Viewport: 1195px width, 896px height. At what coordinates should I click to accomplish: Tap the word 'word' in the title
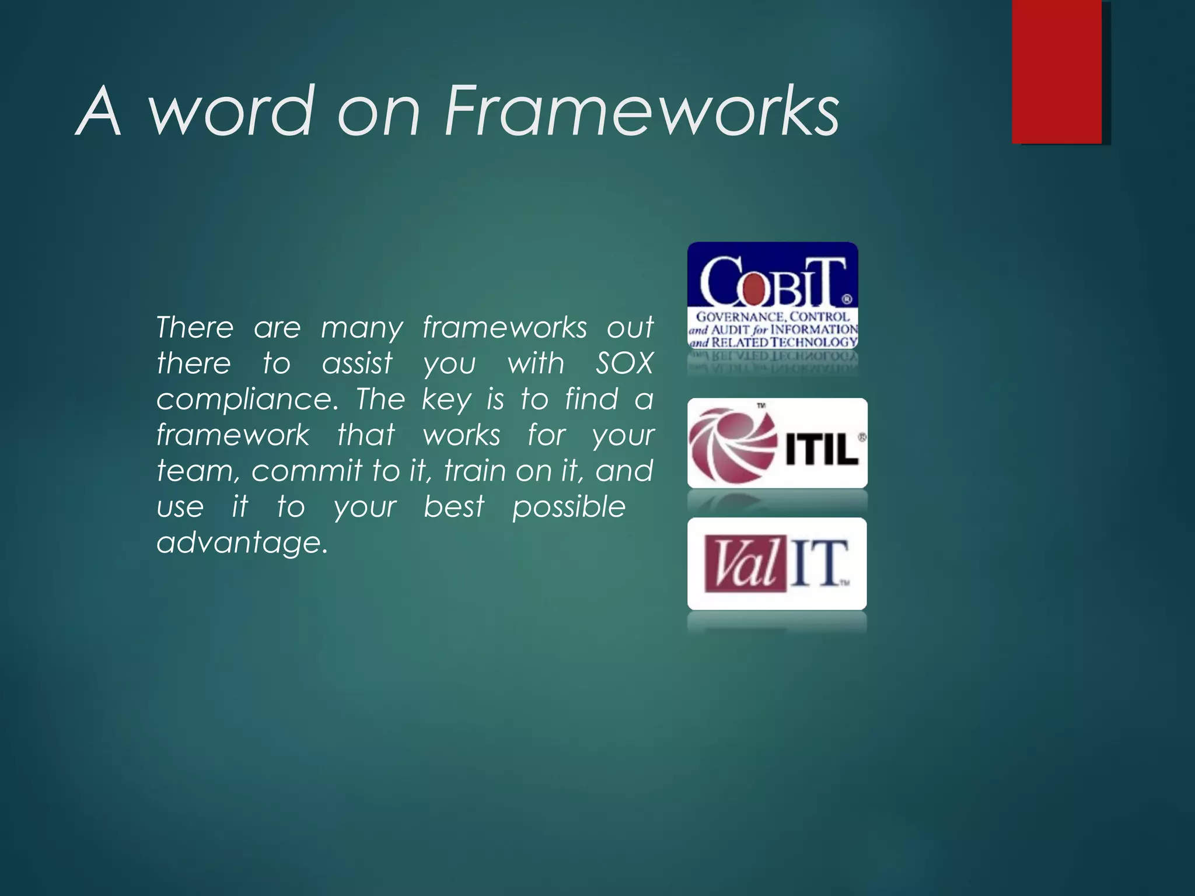click(230, 111)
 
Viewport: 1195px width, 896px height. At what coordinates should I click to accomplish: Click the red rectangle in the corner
click(1057, 71)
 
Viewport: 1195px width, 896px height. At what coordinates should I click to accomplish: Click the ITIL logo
click(777, 443)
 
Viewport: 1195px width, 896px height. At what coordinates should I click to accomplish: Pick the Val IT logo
click(777, 563)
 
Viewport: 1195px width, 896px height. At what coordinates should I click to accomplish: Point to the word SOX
click(624, 364)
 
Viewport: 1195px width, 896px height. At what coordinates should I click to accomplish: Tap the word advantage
click(242, 543)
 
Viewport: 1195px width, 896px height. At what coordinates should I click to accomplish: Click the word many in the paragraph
click(362, 328)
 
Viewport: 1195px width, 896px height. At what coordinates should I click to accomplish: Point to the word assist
click(357, 364)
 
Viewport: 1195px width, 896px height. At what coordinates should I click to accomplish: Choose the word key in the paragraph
click(446, 400)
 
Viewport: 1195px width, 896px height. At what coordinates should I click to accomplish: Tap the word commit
click(307, 471)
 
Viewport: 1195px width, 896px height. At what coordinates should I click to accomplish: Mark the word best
click(453, 507)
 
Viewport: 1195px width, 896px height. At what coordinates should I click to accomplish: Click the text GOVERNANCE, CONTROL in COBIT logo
click(773, 317)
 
